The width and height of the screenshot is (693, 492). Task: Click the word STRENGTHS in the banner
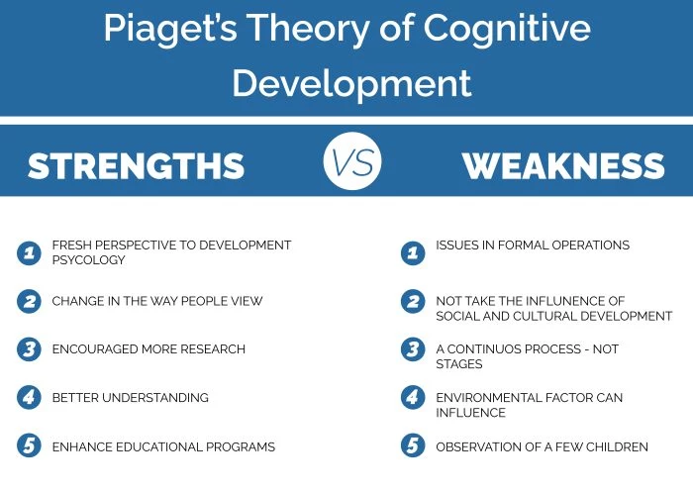point(136,165)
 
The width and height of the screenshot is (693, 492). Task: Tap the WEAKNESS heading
point(562,165)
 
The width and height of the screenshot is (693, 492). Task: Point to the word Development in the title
point(351,83)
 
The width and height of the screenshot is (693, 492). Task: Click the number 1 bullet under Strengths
point(29,252)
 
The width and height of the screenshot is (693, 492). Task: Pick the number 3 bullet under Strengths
point(29,349)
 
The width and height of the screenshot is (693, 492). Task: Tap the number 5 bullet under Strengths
point(29,446)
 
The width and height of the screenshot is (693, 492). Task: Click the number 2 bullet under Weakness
point(413,301)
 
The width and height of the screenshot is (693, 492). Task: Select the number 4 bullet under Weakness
point(413,398)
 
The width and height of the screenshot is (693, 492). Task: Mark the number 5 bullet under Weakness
point(413,446)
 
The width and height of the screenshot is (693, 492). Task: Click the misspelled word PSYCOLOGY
point(89,260)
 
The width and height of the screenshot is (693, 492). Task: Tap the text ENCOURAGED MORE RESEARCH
point(148,349)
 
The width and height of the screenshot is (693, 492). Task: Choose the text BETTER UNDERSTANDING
point(130,398)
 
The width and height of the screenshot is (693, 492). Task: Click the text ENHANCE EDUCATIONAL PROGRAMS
point(163,447)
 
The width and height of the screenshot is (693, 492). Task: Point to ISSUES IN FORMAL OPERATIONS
point(533,245)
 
